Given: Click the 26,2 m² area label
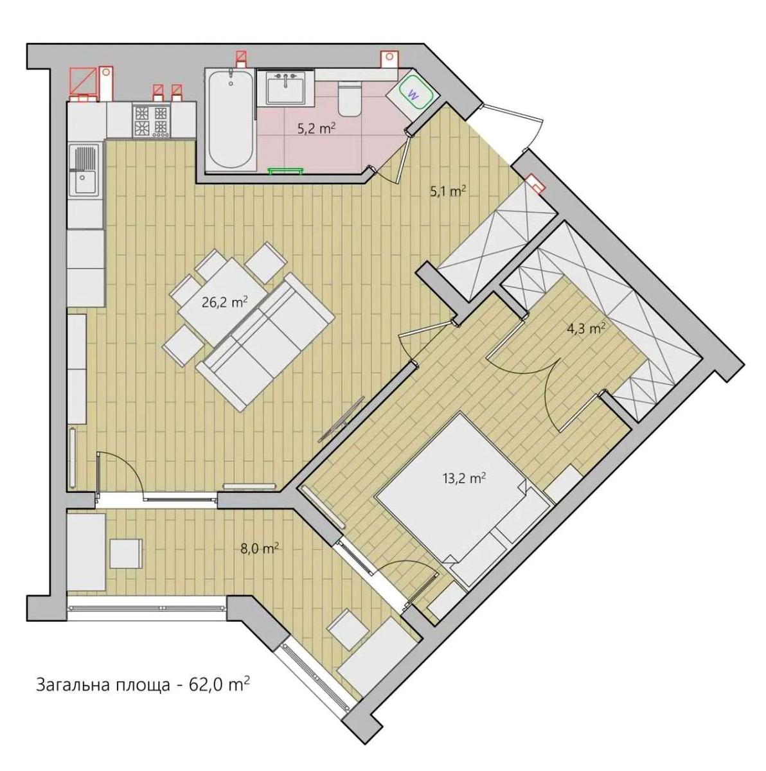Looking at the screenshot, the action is pos(224,302).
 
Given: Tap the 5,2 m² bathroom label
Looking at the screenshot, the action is pos(316,129).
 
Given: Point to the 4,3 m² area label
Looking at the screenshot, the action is pos(586,329).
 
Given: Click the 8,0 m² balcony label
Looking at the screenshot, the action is pos(259,549).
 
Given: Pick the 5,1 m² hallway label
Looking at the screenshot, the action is pos(447,191).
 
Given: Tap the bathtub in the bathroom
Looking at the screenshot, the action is pos(231,120).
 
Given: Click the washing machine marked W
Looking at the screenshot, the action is pos(413,94).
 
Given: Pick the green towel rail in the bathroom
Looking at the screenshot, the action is pos(285,171).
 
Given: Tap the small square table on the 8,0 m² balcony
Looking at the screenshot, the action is pos(126,554).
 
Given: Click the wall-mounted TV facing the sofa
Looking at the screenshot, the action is pos(341,420).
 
